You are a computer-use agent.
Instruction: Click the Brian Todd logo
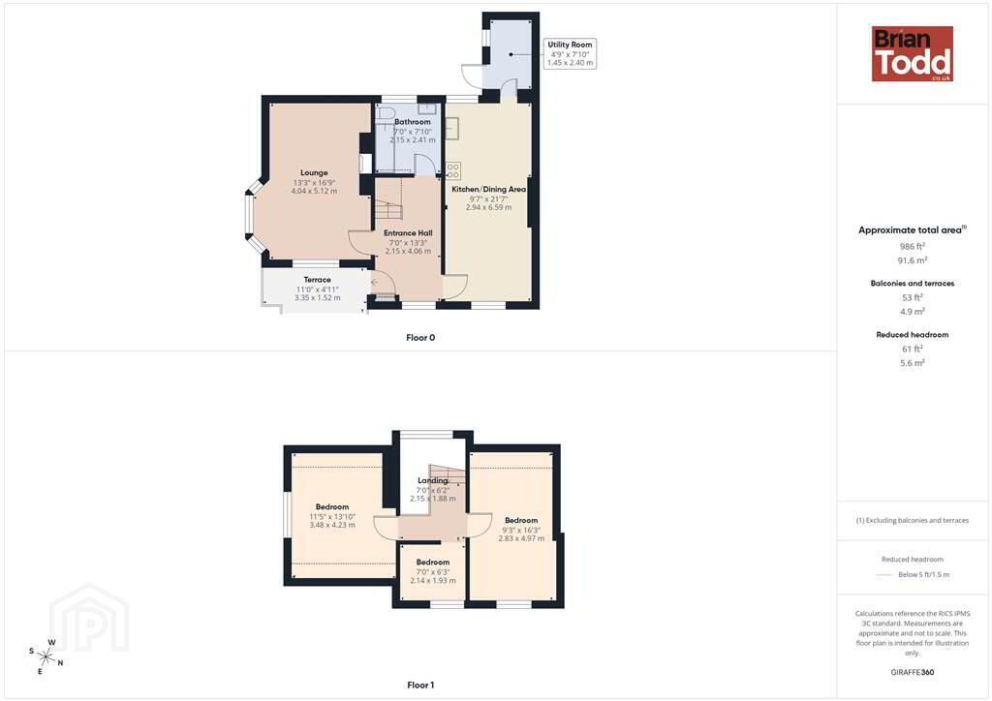[912, 53]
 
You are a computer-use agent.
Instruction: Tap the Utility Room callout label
[570, 53]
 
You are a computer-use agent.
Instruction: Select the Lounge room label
[314, 172]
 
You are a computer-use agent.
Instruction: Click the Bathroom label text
[413, 121]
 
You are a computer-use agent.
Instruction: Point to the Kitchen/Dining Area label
[488, 189]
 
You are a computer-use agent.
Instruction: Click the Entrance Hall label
[408, 232]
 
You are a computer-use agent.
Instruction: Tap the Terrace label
[317, 280]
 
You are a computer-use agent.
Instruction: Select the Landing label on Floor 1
[433, 480]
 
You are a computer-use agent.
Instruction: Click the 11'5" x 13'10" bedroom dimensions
[332, 516]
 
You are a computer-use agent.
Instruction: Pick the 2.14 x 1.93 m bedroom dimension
[433, 580]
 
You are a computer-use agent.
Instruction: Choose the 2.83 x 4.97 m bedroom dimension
[521, 538]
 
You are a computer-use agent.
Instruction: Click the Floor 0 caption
[420, 338]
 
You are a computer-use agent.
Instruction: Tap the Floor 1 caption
[420, 686]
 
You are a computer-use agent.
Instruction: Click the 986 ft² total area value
[913, 246]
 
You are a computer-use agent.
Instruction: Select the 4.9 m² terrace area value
[913, 311]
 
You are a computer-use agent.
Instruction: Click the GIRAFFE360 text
[913, 672]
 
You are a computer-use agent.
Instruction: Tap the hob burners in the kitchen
[453, 170]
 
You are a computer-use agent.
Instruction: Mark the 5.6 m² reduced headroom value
[913, 363]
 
